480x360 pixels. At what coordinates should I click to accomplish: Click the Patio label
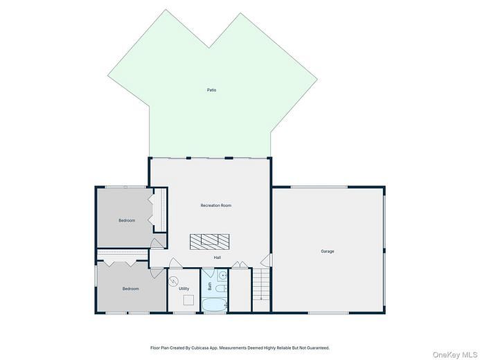pos(211,90)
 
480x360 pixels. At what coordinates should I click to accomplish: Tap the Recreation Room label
pos(215,206)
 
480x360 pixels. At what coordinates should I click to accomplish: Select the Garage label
pos(327,251)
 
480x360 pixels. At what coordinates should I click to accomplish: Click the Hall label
pos(217,258)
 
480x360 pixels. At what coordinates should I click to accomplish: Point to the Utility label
pos(184,289)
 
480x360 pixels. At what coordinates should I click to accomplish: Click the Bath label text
pos(210,285)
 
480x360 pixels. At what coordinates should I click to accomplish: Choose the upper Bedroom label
pos(127,220)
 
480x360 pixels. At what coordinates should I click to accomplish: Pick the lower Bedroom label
pos(131,289)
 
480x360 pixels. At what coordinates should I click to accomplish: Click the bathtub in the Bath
pos(215,305)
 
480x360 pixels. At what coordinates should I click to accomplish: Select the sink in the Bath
pos(222,276)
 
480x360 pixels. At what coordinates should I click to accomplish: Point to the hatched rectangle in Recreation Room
pos(209,241)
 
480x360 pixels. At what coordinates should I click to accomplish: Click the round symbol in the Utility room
pos(174,281)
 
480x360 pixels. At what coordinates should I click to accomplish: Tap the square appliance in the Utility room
pos(188,300)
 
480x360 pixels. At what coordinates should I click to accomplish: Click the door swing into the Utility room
pos(175,264)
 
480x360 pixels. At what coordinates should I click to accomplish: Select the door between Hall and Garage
pos(265,260)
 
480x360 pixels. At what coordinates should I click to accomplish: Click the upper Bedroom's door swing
pos(159,243)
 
